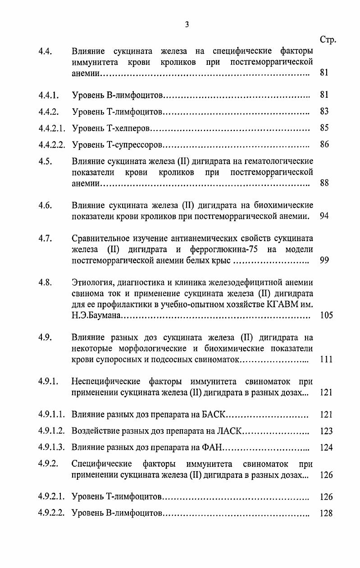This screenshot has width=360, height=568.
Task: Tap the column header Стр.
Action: (328, 40)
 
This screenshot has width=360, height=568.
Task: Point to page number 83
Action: (324, 112)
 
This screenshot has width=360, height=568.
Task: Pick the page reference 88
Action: (324, 183)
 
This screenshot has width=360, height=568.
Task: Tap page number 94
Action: (324, 216)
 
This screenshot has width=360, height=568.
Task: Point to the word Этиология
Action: (92, 282)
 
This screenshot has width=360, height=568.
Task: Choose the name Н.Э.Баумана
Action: (96, 316)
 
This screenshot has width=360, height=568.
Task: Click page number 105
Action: (326, 315)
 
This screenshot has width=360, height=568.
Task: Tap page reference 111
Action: (326, 359)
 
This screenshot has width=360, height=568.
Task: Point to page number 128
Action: (326, 513)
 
